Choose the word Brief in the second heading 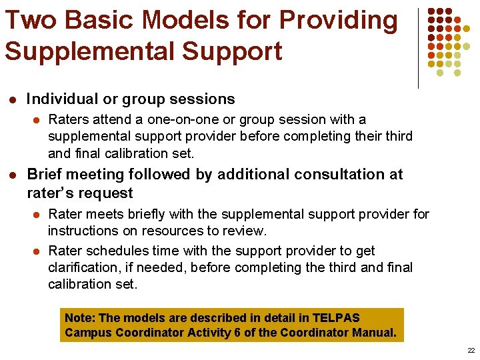click(x=45, y=175)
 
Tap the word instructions click(x=83, y=231)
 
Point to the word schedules click(x=107, y=251)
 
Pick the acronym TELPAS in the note click(x=337, y=317)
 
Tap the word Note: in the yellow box click(x=80, y=317)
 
